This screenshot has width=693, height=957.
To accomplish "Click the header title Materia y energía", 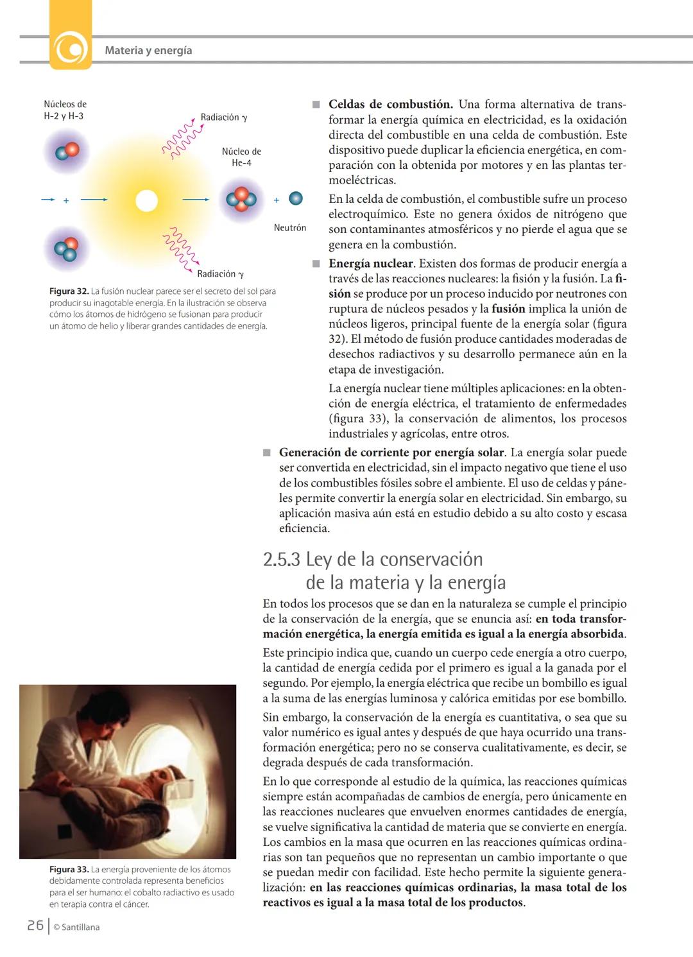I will (x=148, y=50).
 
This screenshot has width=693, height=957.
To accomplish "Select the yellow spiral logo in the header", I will (x=70, y=48).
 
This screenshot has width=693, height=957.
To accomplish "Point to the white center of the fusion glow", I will (x=146, y=201).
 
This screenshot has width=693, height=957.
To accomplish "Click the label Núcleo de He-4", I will (x=241, y=157).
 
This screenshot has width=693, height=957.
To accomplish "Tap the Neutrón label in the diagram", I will (x=289, y=228).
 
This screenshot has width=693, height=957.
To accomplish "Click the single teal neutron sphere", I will (x=295, y=198).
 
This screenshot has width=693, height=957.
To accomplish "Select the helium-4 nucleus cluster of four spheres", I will (x=241, y=200).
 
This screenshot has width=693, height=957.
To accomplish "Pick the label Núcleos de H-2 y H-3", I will (x=64, y=110).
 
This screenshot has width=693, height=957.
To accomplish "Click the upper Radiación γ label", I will (x=223, y=117).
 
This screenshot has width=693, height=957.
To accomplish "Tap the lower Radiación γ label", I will (x=220, y=274).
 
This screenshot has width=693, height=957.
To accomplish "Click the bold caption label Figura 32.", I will (x=69, y=291).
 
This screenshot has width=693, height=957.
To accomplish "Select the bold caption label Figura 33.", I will (x=69, y=870).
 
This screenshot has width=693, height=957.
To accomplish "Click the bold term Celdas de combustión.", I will (x=390, y=104).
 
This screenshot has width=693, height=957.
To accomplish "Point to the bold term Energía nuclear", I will (x=371, y=263).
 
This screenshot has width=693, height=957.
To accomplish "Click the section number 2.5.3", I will (x=281, y=559).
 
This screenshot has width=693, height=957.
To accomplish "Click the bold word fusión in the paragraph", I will (x=508, y=309).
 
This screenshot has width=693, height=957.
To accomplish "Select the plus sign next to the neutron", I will (x=277, y=200).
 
